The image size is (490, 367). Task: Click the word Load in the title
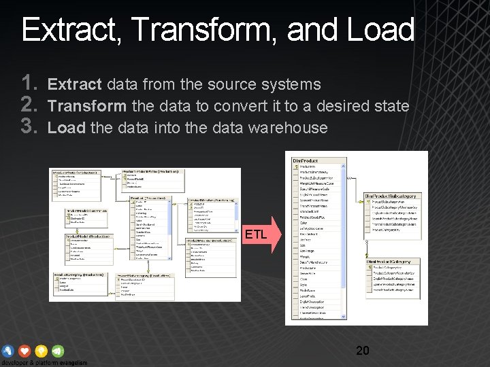point(380,31)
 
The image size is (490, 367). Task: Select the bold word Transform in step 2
point(87,106)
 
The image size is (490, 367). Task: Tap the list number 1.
point(29,84)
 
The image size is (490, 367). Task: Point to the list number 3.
point(29,127)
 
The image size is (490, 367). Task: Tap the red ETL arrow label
point(257,235)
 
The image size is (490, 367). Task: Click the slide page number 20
point(363,351)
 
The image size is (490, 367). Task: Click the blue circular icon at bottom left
point(8,351)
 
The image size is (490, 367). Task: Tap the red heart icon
point(25,351)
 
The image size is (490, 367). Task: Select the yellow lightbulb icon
point(42,351)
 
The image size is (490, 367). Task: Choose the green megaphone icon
point(58,351)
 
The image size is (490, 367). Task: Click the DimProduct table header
point(306,160)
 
